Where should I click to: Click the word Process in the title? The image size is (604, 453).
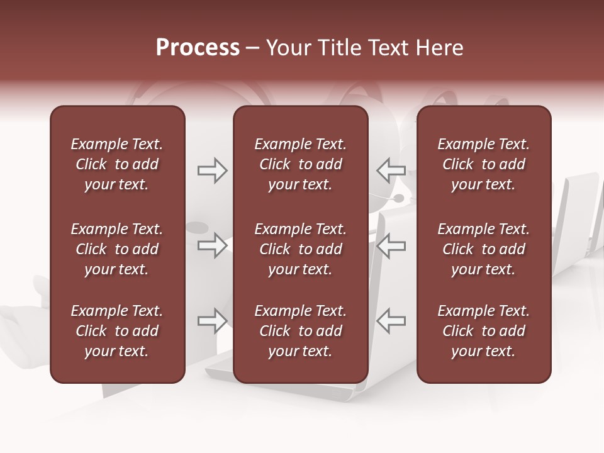[x=198, y=48]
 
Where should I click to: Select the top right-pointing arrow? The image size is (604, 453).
[x=212, y=171]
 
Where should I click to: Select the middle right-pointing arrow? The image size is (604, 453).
[x=212, y=245]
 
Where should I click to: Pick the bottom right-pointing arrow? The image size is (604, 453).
[x=212, y=321]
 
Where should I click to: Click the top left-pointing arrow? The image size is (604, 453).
[x=391, y=171]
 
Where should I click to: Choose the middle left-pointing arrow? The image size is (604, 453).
[x=391, y=245]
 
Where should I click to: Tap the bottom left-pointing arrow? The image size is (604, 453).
[x=391, y=321]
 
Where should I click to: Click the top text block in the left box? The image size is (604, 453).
[x=117, y=164]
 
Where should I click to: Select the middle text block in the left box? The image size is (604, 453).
[x=117, y=249]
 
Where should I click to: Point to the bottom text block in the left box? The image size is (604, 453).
[x=117, y=331]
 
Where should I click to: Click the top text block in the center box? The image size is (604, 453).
[x=300, y=164]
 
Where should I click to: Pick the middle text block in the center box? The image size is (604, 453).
[x=300, y=249]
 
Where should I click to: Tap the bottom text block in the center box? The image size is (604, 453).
[x=300, y=331]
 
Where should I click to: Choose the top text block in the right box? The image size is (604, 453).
[x=483, y=164]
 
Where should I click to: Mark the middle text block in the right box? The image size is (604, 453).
[x=483, y=249]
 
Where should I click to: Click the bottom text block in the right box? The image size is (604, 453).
[x=483, y=331]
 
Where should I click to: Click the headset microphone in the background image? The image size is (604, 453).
[x=398, y=198]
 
